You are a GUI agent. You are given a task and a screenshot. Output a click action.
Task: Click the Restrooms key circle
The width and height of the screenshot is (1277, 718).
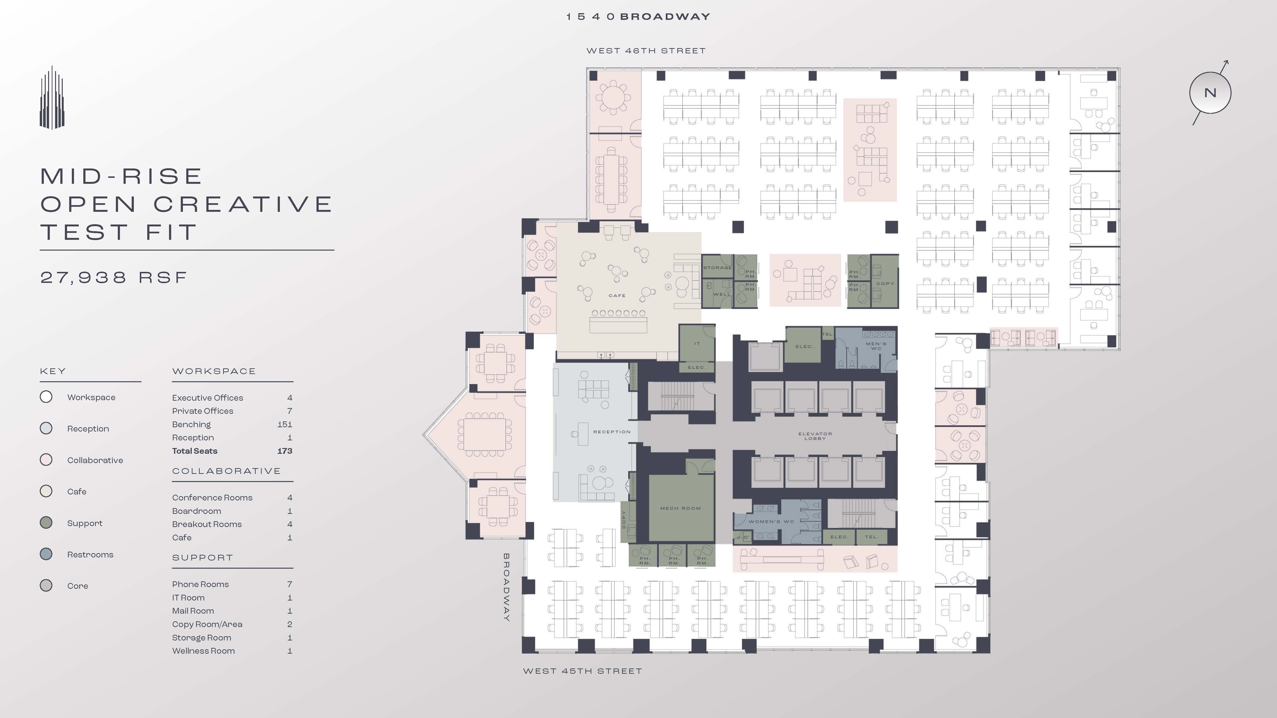coord(46,554)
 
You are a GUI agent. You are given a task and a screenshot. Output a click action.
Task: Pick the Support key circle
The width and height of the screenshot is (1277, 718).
coord(46,523)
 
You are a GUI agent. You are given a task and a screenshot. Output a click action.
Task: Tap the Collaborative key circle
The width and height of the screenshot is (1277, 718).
coord(46,460)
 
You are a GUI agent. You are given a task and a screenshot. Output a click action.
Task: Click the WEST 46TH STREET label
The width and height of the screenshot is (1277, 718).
coord(645,50)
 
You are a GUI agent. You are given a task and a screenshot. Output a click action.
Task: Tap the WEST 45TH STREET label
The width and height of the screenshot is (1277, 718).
coord(582,671)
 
